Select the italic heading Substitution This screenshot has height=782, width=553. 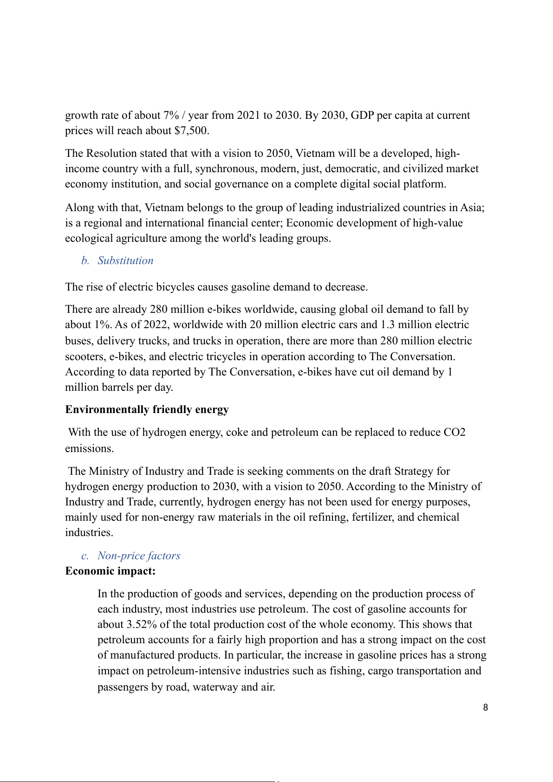[x=125, y=261]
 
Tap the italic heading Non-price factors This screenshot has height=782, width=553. [x=139, y=556]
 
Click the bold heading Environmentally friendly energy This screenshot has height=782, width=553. [x=147, y=410]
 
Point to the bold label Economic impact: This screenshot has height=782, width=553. [x=111, y=571]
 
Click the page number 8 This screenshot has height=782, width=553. [x=486, y=708]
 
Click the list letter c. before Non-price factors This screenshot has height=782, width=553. [x=85, y=556]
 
